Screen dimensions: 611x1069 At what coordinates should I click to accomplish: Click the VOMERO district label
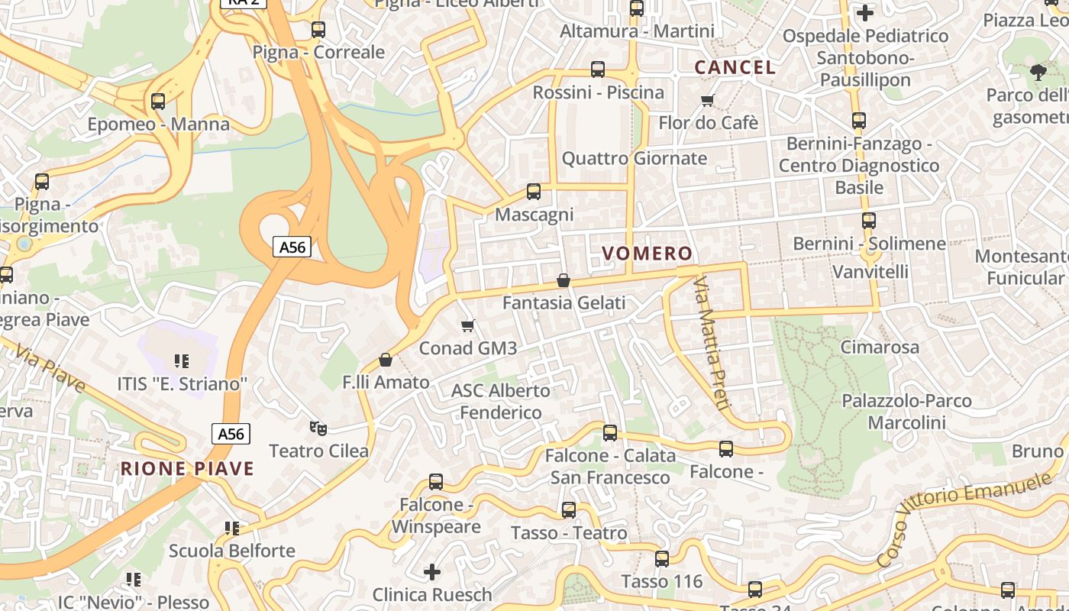pos(647,254)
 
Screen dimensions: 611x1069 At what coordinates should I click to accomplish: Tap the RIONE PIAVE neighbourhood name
pos(187,468)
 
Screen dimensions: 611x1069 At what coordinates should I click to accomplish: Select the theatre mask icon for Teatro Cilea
pos(318,428)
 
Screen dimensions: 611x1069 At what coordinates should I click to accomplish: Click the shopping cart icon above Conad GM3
pos(468,326)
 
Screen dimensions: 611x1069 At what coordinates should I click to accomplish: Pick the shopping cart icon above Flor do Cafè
pos(708,101)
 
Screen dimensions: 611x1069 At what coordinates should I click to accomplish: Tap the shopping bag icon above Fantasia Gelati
pos(564,280)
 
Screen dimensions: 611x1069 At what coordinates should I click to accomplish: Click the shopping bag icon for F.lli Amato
pos(386,360)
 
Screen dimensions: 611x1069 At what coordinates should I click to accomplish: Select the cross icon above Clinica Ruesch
pos(432,571)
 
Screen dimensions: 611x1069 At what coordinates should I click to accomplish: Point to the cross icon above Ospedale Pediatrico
pos(864,13)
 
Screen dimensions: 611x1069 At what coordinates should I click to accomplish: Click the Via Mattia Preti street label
pos(712,343)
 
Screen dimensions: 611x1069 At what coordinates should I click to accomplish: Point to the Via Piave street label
pos(50,367)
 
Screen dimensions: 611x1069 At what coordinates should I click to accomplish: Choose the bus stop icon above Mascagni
pos(534,192)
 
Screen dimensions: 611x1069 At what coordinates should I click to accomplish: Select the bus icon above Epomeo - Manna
pos(158,102)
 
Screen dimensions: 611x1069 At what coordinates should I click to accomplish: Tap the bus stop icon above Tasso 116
pos(662,559)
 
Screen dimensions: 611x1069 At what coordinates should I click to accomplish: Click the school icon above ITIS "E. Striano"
pos(181,360)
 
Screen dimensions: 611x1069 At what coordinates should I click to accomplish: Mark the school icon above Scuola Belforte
pos(232,528)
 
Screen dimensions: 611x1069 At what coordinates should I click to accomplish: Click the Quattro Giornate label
pos(634,159)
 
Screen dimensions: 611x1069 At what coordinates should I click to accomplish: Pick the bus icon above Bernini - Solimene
pos(869,221)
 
